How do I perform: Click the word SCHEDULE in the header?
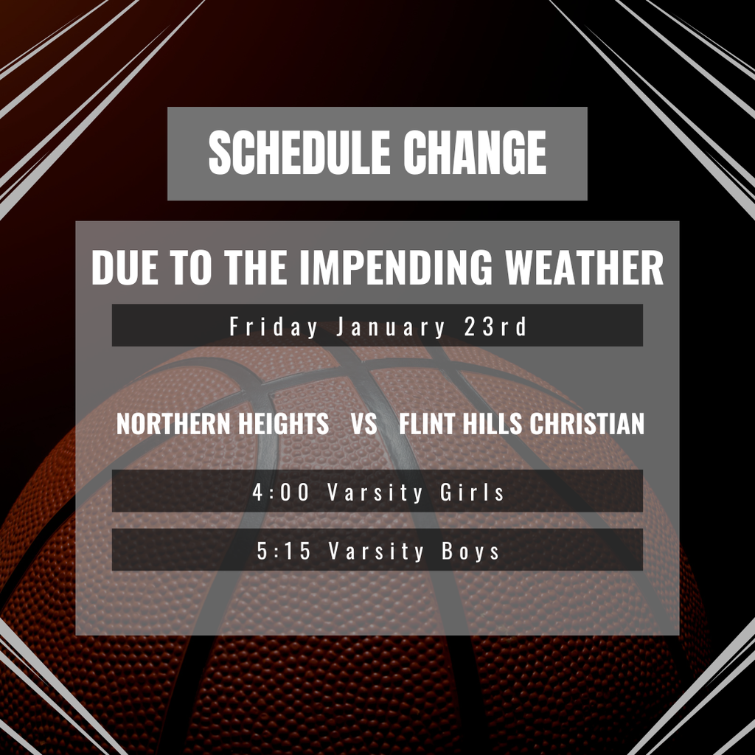click(x=299, y=153)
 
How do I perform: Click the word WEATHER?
click(x=585, y=268)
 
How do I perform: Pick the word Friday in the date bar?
click(x=274, y=326)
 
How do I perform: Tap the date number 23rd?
click(x=496, y=326)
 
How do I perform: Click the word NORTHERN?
click(x=167, y=424)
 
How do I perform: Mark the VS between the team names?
click(x=364, y=424)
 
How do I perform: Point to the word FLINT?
click(x=424, y=424)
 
